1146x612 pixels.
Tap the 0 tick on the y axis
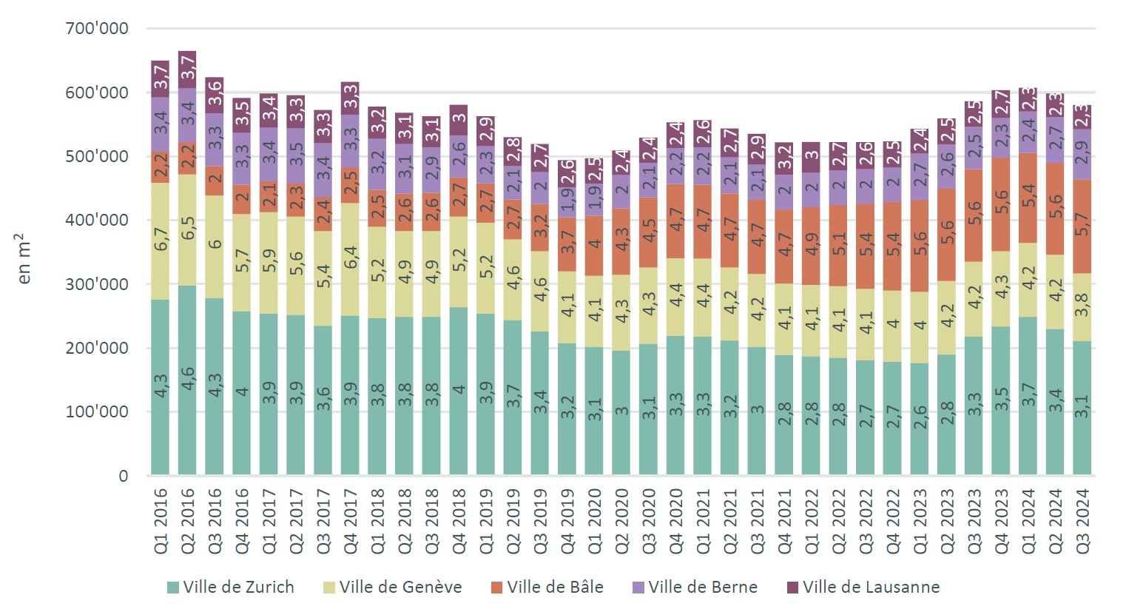pos(123,476)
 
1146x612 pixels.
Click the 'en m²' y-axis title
pos(24,258)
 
